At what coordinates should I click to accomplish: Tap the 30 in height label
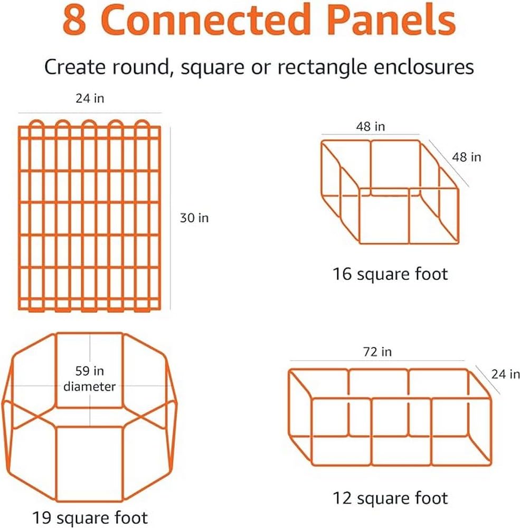[194, 218]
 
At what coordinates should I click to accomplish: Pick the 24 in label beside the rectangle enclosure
[505, 374]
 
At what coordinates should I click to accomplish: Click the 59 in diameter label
[89, 379]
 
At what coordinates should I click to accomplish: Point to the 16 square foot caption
[390, 274]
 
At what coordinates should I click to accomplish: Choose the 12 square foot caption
[390, 497]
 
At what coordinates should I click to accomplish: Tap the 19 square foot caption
[90, 516]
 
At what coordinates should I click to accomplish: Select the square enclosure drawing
[390, 193]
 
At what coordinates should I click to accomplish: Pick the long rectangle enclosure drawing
[391, 417]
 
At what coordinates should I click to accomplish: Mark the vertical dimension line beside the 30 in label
[171, 218]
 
